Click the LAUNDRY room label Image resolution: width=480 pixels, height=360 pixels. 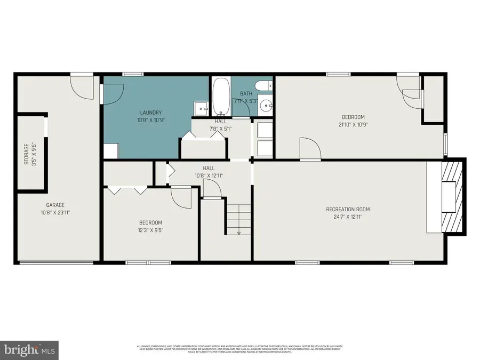click(x=150, y=113)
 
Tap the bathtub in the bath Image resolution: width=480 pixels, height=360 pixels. click(x=221, y=97)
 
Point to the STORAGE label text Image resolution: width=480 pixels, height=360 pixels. click(x=26, y=153)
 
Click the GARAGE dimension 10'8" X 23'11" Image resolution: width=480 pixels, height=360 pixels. click(x=55, y=212)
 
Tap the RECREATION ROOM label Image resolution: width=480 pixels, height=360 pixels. click(x=348, y=209)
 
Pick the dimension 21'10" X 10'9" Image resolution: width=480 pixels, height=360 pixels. click(x=353, y=125)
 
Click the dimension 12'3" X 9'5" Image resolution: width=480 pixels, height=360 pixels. click(x=150, y=230)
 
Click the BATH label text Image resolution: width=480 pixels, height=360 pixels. click(x=246, y=94)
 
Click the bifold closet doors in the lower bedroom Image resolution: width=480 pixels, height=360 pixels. click(x=127, y=189)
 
